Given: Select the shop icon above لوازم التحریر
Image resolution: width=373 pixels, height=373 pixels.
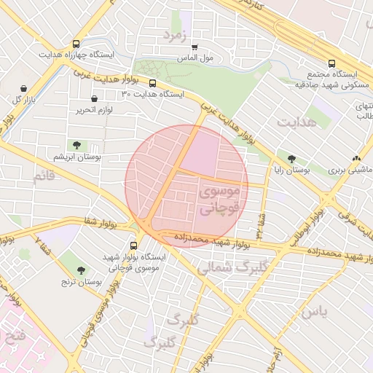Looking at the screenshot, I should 94,98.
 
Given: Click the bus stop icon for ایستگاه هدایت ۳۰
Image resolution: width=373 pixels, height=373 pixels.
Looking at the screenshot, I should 152,83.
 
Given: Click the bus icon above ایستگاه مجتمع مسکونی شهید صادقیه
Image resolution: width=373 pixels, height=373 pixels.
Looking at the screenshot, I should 332,63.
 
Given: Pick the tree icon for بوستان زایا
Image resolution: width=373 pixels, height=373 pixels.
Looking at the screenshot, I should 292,159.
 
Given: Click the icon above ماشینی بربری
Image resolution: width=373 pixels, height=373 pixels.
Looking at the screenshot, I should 356,158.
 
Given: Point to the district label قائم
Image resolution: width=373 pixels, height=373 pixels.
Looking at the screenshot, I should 43,177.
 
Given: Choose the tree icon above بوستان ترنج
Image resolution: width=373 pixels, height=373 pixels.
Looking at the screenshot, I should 81,270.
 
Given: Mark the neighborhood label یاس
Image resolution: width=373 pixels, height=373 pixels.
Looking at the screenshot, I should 315,311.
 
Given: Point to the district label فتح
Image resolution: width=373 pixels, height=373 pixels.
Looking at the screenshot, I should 15,337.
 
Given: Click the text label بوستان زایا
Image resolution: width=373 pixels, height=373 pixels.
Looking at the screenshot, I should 292,170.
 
